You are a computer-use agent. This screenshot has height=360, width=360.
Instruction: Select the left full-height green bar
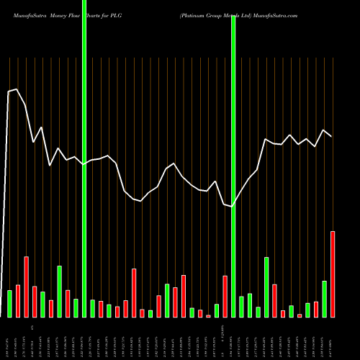tap(84, 158)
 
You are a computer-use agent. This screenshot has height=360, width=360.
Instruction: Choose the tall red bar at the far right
tap(333, 274)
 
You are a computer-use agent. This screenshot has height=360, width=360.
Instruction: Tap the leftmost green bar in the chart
tap(9, 303)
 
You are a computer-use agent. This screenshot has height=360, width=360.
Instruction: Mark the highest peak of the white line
tap(17, 89)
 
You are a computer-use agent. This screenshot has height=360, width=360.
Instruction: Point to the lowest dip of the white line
tap(233, 207)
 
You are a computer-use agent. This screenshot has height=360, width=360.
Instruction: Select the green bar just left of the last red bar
tap(324, 299)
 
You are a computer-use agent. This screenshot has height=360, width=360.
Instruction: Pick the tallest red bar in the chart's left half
tap(26, 287)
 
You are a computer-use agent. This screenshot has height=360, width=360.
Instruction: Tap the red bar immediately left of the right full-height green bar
tap(225, 296)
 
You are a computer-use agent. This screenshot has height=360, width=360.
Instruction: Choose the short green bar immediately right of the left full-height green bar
tap(92, 308)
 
